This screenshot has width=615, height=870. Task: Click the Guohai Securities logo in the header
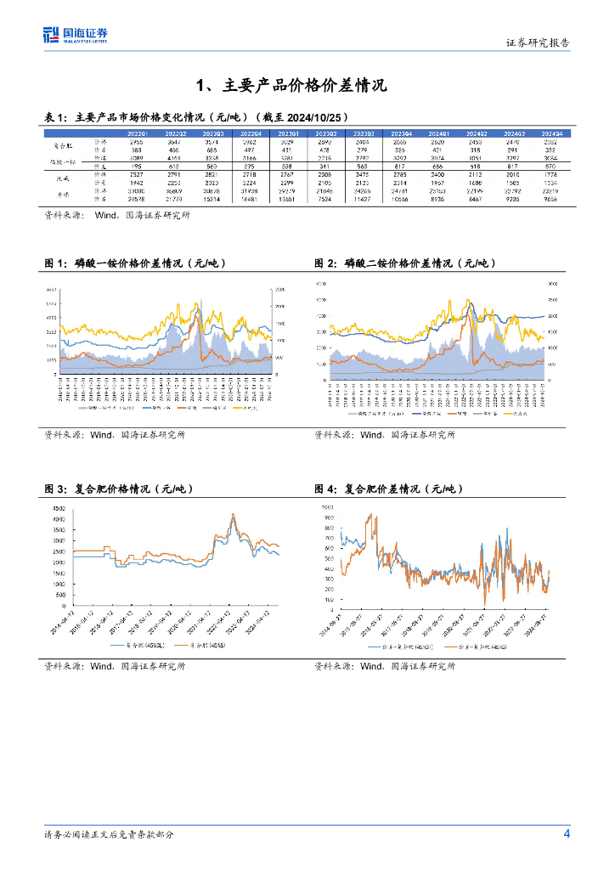[76, 35]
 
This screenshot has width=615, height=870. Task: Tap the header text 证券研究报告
[539, 42]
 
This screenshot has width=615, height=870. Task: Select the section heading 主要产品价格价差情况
[291, 85]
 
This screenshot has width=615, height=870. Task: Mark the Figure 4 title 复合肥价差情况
[389, 489]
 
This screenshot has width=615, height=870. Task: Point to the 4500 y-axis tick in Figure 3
[58, 508]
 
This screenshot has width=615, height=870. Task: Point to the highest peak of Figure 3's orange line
[234, 514]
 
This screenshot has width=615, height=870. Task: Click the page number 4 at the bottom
[567, 834]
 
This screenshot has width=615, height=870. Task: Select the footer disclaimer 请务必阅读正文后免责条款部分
[110, 835]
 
